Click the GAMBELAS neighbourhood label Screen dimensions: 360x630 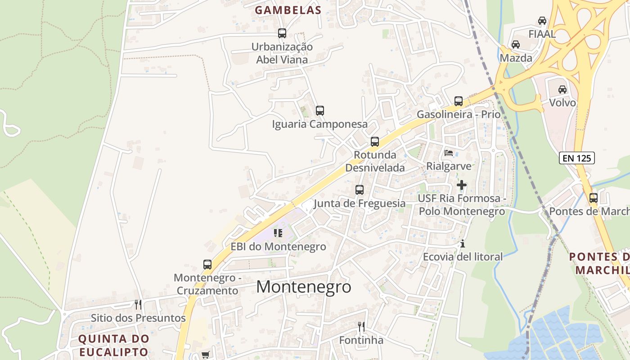pyautogui.click(x=288, y=10)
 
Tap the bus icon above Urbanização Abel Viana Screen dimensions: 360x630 pyautogui.click(x=282, y=33)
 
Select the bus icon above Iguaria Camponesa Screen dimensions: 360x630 pyautogui.click(x=320, y=111)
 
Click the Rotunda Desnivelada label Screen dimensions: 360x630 pyautogui.click(x=375, y=161)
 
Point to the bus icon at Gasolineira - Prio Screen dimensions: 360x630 pyautogui.click(x=459, y=101)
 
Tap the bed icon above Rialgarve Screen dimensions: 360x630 pyautogui.click(x=449, y=153)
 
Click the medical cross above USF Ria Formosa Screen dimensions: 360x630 pyautogui.click(x=462, y=185)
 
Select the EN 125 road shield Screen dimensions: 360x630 pyautogui.click(x=577, y=158)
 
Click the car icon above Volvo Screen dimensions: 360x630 pyautogui.click(x=562, y=90)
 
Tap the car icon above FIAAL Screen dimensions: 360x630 pyautogui.click(x=542, y=21)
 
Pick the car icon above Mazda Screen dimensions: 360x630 pyautogui.click(x=516, y=45)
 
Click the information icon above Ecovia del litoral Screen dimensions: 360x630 pyautogui.click(x=462, y=244)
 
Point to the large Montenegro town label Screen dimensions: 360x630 pyautogui.click(x=304, y=287)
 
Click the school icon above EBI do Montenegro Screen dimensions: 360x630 pyautogui.click(x=278, y=233)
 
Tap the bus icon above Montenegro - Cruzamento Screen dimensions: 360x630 pyautogui.click(x=207, y=265)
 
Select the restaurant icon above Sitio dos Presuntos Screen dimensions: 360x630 pyautogui.click(x=138, y=305)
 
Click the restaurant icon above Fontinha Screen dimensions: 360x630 pyautogui.click(x=361, y=327)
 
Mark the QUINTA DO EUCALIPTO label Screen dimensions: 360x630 pyautogui.click(x=113, y=345)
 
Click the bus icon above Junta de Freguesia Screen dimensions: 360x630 pyautogui.click(x=360, y=190)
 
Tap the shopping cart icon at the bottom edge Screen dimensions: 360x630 pyautogui.click(x=206, y=355)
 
